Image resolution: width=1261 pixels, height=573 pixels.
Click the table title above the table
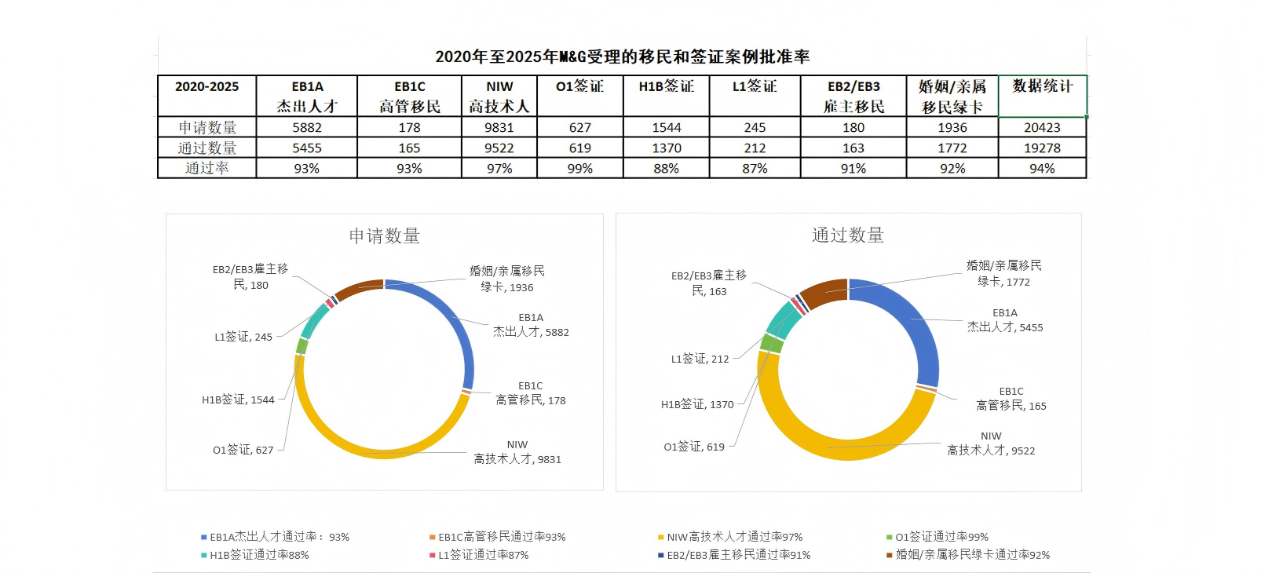[622, 57]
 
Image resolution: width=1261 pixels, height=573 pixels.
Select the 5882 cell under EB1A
[307, 127]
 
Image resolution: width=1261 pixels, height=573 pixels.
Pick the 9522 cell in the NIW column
[499, 148]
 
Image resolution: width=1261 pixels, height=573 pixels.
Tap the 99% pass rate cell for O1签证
[580, 168]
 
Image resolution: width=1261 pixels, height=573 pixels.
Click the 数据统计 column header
[1042, 86]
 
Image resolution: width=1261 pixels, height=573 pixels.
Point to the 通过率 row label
[207, 168]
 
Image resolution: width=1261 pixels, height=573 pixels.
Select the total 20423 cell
[1042, 127]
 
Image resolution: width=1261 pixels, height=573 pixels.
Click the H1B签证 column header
[666, 86]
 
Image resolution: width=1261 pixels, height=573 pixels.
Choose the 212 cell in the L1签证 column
[755, 148]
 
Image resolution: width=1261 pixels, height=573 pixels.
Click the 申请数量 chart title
[385, 235]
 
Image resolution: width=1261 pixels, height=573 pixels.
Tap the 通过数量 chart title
[848, 235]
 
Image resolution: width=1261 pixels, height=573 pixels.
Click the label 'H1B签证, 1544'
[238, 400]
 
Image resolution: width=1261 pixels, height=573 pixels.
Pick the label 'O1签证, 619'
[694, 447]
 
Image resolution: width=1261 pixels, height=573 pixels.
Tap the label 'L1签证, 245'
[243, 337]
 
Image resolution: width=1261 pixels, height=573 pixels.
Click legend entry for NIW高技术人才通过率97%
[734, 537]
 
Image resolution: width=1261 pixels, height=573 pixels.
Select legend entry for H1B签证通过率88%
[259, 555]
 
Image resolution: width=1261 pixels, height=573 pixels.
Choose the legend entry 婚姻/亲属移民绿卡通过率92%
[972, 555]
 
